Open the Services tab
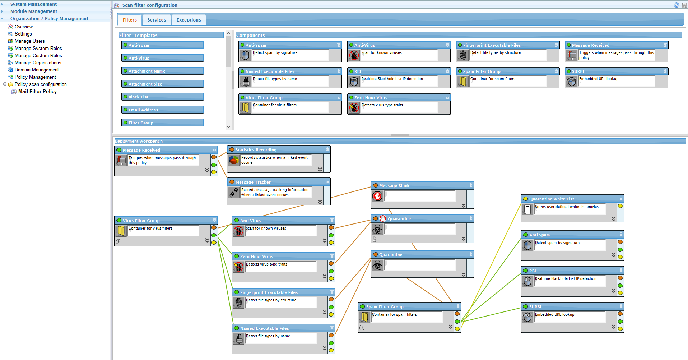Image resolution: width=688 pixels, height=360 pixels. click(157, 20)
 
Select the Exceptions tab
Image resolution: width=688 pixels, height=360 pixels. click(189, 20)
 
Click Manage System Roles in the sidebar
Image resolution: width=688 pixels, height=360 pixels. click(38, 49)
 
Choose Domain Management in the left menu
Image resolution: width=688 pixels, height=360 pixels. click(37, 70)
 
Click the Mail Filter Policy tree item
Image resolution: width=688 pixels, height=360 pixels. click(37, 92)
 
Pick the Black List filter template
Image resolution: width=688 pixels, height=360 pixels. click(163, 97)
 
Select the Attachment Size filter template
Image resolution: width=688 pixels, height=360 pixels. click(163, 84)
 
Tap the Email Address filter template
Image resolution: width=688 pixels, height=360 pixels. click(163, 110)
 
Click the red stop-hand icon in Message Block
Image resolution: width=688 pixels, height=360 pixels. click(377, 196)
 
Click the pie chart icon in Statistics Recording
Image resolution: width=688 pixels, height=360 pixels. click(234, 160)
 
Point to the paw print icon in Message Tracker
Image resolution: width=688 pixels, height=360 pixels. click(234, 193)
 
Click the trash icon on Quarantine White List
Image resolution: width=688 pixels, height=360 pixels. click(621, 198)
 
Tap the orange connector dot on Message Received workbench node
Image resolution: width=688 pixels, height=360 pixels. click(214, 157)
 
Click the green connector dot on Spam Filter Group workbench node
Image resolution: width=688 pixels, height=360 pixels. click(457, 322)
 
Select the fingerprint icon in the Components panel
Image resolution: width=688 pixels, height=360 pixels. click(463, 55)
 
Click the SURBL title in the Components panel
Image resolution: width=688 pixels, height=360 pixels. click(578, 71)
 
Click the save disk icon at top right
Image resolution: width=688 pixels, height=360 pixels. click(684, 5)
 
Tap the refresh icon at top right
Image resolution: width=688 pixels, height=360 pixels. click(677, 5)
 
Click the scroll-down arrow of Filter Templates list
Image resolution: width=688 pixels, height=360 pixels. click(229, 126)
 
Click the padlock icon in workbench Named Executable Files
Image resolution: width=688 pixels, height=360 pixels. click(239, 339)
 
